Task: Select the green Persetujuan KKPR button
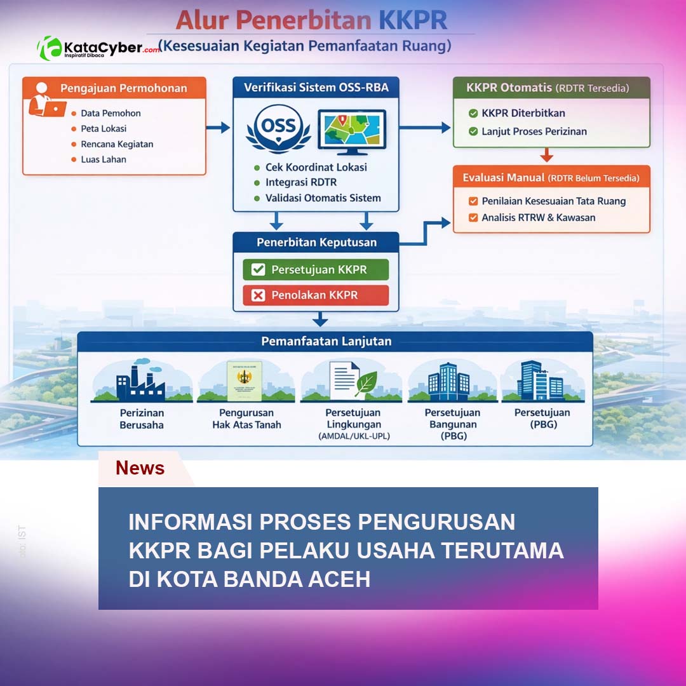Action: click(315, 269)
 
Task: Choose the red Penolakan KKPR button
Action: click(315, 295)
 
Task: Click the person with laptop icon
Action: click(46, 99)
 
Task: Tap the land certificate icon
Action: click(245, 381)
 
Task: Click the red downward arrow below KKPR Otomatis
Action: click(547, 155)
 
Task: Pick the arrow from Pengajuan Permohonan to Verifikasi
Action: click(218, 128)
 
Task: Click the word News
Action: click(140, 468)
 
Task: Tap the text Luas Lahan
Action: click(104, 159)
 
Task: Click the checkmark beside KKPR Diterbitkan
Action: click(473, 113)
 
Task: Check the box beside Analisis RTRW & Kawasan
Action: click(473, 217)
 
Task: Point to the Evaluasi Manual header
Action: click(551, 178)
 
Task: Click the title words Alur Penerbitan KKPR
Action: click(311, 20)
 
